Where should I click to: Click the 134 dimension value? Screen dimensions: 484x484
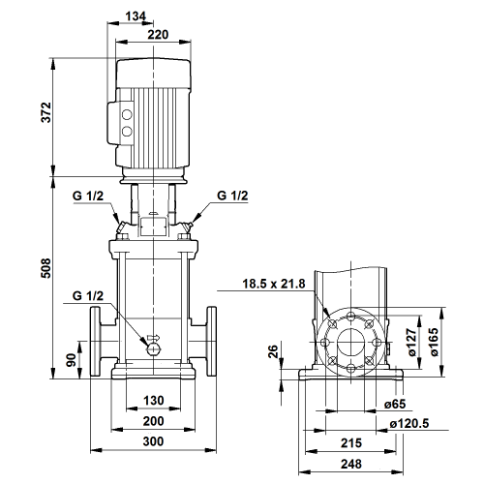pos(136,15)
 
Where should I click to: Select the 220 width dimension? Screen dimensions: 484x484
pos(158,35)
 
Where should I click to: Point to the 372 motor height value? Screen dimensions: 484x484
pos(46,112)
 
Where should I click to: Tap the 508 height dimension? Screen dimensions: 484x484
pos(46,268)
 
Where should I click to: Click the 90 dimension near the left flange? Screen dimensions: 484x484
pos(72,360)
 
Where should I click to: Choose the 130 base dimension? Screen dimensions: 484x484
pos(154,401)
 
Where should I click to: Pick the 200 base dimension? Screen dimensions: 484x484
pos(154,421)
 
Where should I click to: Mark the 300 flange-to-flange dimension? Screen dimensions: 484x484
pos(153,441)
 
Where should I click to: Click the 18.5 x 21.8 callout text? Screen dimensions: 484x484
pos(274,284)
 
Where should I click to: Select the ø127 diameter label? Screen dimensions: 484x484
pos(412,343)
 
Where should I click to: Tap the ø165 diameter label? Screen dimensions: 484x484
pos(435,342)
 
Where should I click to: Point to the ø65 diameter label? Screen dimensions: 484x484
pos(395,404)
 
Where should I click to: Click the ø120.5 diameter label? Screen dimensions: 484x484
pos(409,423)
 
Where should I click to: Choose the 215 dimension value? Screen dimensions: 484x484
pos(351,443)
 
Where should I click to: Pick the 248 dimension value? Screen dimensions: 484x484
pos(351,464)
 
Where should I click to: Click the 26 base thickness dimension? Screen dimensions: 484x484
pos(273,351)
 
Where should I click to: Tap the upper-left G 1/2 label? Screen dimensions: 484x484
pos(88,196)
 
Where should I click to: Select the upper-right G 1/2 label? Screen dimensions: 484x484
pos(232,196)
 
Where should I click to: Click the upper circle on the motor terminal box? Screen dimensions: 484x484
pos(127,114)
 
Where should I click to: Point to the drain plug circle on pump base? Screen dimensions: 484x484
pos(154,348)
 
